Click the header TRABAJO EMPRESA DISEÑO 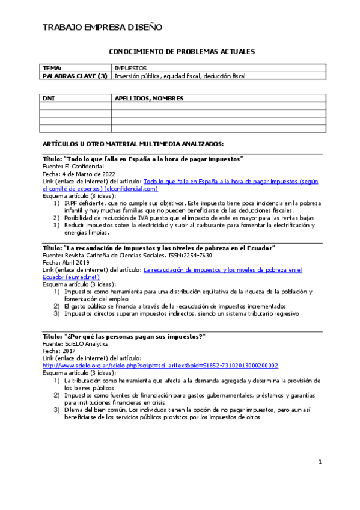coord(102,28)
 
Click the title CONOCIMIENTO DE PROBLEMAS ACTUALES coord(182,52)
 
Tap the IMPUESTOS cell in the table coord(130,68)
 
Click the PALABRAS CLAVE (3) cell coord(75,76)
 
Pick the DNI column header coord(48,98)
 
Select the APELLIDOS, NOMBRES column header coord(149,98)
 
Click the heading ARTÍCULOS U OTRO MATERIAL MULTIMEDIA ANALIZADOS coord(133,145)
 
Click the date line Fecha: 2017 coord(57,351)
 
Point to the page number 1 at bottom coord(320,462)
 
